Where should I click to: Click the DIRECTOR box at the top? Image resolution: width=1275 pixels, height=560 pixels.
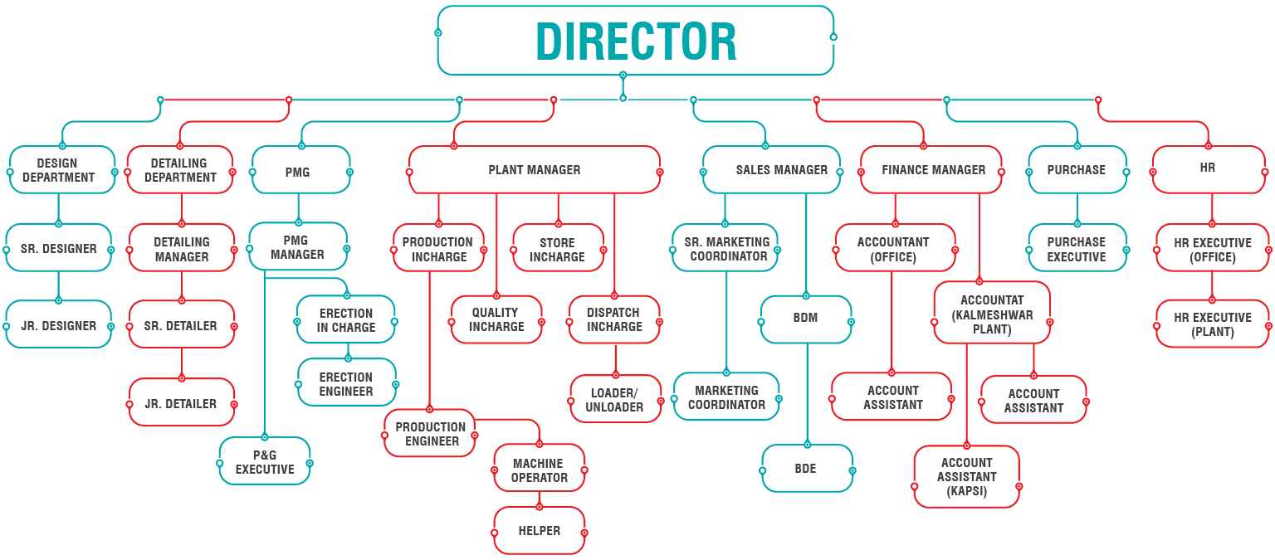click(636, 41)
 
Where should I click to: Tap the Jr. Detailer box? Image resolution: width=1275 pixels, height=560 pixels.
click(181, 403)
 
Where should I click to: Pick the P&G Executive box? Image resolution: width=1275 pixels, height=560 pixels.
click(265, 462)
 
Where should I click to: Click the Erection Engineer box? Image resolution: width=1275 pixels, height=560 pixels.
click(346, 383)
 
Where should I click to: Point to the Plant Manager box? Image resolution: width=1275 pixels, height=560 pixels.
click(535, 170)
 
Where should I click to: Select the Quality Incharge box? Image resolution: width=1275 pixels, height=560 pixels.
click(496, 319)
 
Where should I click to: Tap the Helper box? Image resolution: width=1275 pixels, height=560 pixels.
click(540, 531)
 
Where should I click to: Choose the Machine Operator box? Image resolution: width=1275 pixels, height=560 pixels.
click(540, 470)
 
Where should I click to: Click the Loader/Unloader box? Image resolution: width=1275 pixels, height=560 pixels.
click(614, 399)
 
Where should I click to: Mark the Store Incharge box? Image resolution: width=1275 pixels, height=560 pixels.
click(558, 249)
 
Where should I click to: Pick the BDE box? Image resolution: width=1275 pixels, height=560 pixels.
click(806, 468)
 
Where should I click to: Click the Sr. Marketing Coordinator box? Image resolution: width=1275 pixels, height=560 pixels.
click(726, 249)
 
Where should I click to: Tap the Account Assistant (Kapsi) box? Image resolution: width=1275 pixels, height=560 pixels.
click(966, 476)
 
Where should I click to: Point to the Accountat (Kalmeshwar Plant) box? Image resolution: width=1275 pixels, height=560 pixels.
click(992, 314)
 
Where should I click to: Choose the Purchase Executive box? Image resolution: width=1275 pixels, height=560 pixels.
click(1077, 249)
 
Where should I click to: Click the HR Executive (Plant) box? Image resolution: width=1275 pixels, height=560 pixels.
click(1212, 324)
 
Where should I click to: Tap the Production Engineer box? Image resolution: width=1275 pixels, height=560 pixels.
click(430, 434)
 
